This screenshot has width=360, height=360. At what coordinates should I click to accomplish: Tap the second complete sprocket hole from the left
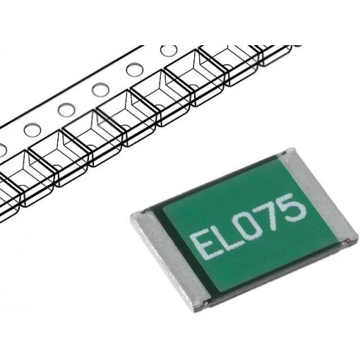pos(66,109)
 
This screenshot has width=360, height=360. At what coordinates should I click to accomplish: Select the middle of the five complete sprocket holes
pos(100,90)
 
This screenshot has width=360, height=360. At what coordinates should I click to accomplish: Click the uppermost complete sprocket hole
pos(169,50)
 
